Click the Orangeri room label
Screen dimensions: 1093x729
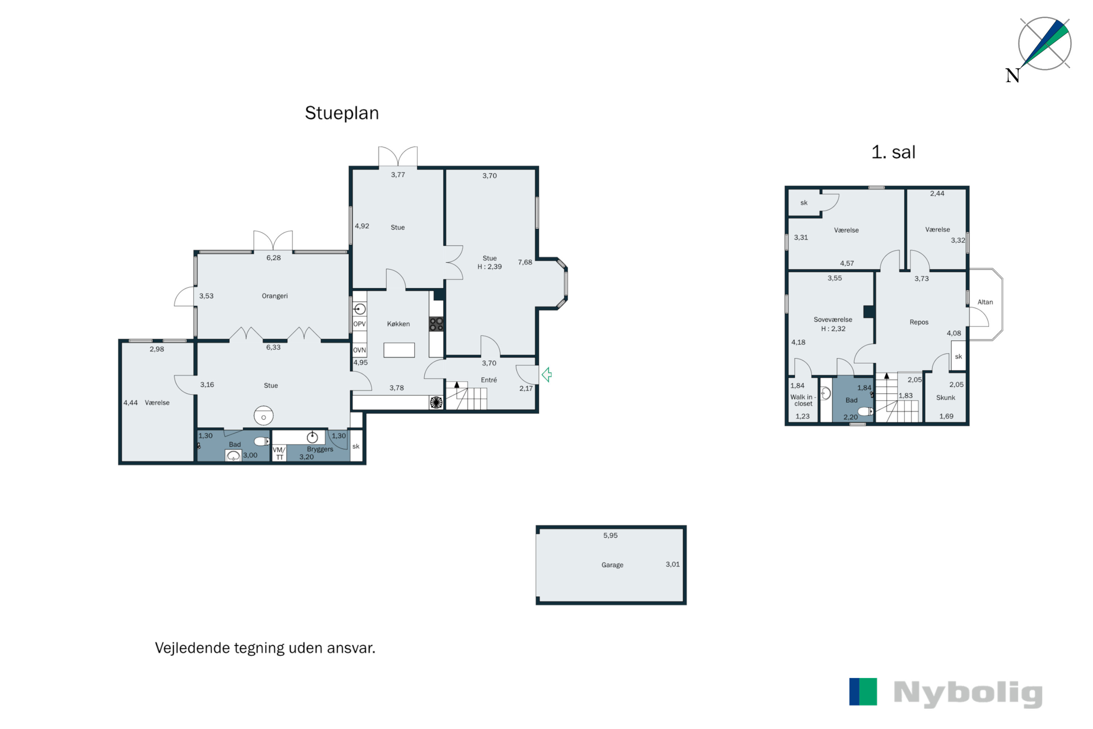pyautogui.click(x=275, y=296)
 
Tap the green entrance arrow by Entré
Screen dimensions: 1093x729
pyautogui.click(x=547, y=375)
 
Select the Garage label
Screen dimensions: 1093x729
pyautogui.click(x=612, y=565)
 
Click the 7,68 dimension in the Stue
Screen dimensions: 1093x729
pyautogui.click(x=525, y=262)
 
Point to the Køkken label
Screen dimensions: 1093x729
pyautogui.click(x=398, y=324)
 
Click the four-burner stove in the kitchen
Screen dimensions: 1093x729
pyautogui.click(x=436, y=324)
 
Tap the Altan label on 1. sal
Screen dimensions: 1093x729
pyautogui.click(x=985, y=302)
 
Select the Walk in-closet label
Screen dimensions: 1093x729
pyautogui.click(x=803, y=400)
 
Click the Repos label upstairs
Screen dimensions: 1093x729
pyautogui.click(x=919, y=322)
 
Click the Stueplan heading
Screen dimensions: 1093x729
pyautogui.click(x=342, y=113)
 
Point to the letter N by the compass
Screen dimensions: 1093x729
pyautogui.click(x=1012, y=75)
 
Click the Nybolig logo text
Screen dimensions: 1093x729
pyautogui.click(x=968, y=694)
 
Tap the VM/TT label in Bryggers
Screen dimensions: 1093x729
pyautogui.click(x=279, y=453)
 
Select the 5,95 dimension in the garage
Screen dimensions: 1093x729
pyautogui.click(x=611, y=535)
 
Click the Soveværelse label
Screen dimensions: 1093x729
pyautogui.click(x=833, y=320)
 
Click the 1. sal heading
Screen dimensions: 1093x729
pyautogui.click(x=893, y=152)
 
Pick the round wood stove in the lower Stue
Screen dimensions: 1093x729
pyautogui.click(x=263, y=416)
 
